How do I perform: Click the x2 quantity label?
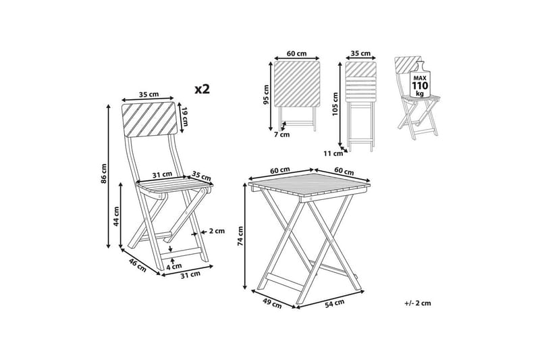click(x=202, y=89)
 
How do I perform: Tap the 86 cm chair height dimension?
click(x=104, y=174)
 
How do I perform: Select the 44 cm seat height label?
click(x=116, y=216)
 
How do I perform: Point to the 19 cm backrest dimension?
click(x=184, y=117)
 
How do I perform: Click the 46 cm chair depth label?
click(x=138, y=265)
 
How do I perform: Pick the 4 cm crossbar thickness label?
click(x=174, y=266)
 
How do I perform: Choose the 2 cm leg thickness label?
click(x=217, y=231)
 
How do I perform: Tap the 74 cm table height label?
click(x=240, y=236)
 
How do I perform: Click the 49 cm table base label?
click(x=272, y=303)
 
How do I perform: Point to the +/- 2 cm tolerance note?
click(x=418, y=303)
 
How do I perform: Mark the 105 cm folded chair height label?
click(x=335, y=104)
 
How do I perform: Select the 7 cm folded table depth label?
click(x=282, y=134)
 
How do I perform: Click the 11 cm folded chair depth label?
click(x=333, y=153)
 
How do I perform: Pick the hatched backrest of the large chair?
click(x=149, y=118)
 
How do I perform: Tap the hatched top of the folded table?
click(x=297, y=84)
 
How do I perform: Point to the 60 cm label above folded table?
click(x=297, y=53)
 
